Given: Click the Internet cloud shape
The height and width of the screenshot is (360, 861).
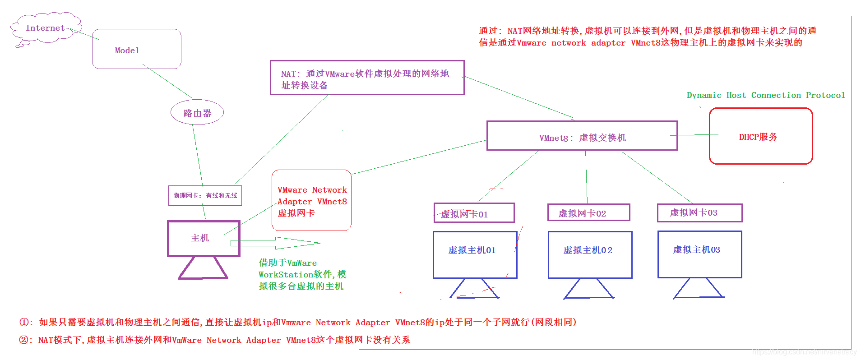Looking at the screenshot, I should point(46,28).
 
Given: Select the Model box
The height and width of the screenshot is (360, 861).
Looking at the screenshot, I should point(136,49).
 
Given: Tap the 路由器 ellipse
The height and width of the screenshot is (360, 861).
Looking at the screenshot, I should point(197,113).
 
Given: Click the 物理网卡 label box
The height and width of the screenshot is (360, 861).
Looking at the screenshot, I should point(205,196).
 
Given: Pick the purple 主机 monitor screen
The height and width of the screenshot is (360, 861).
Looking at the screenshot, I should point(204,238).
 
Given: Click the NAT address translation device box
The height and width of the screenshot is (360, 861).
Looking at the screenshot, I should point(367,78).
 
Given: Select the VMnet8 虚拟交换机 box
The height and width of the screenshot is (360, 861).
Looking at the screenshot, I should point(582,136).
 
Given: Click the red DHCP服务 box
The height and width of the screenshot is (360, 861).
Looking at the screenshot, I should point(760,136).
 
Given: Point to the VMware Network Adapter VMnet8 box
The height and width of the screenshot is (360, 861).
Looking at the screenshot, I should point(311,200).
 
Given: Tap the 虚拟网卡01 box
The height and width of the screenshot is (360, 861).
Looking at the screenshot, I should point(474,213).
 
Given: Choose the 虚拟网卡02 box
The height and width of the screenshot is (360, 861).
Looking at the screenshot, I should point(588,212).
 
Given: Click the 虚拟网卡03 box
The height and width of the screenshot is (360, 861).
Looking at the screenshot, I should point(699,212).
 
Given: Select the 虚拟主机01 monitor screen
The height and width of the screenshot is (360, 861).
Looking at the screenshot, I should point(475,255).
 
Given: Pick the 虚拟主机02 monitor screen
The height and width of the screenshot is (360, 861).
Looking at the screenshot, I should point(590,255).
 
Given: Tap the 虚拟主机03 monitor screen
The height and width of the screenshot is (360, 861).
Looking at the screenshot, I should point(699,254).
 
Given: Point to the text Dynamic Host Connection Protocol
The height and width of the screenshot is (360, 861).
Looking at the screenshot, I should point(765,95).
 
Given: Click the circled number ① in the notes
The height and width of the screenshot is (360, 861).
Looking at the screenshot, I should point(23,322).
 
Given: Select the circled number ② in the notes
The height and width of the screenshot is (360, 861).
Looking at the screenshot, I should point(23,340).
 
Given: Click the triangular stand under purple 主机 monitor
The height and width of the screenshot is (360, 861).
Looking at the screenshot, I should point(203,268).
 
